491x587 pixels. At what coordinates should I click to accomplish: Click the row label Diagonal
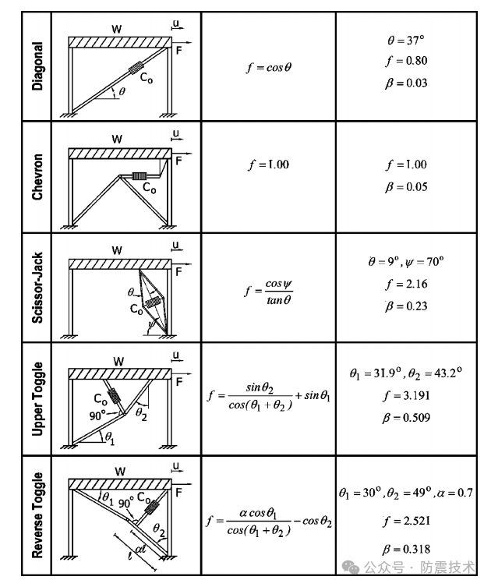point(37,66)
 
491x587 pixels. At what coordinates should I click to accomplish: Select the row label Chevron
point(37,178)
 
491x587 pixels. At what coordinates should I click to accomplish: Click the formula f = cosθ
point(267,67)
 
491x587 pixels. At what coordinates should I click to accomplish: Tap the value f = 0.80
point(406,61)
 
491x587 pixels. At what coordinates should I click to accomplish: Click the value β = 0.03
point(406,83)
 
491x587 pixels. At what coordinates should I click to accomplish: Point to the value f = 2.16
point(406,285)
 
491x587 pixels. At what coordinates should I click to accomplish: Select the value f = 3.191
point(406,395)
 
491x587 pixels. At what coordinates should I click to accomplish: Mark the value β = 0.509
point(406,418)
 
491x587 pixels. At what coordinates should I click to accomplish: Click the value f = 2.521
point(406,520)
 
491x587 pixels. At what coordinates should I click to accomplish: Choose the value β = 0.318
point(406,548)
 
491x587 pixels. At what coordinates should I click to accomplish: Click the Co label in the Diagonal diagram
point(147,77)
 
